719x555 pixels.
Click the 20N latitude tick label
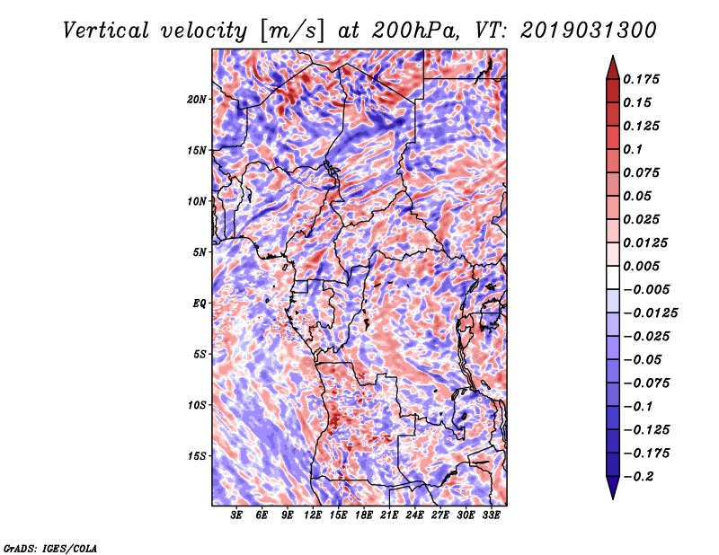point(197,99)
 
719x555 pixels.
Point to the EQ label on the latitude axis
point(200,304)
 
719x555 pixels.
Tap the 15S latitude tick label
point(197,456)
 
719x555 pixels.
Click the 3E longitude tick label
point(237,515)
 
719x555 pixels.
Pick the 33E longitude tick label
point(491,515)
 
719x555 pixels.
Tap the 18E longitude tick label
point(364,515)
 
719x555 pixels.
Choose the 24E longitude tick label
point(414,515)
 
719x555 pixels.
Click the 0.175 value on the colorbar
point(643,79)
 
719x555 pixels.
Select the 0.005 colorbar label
point(643,266)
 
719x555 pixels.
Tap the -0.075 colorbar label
point(645,383)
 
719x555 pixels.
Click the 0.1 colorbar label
point(635,149)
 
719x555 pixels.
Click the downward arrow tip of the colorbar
point(612,497)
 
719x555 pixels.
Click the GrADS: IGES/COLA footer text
point(50,547)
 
